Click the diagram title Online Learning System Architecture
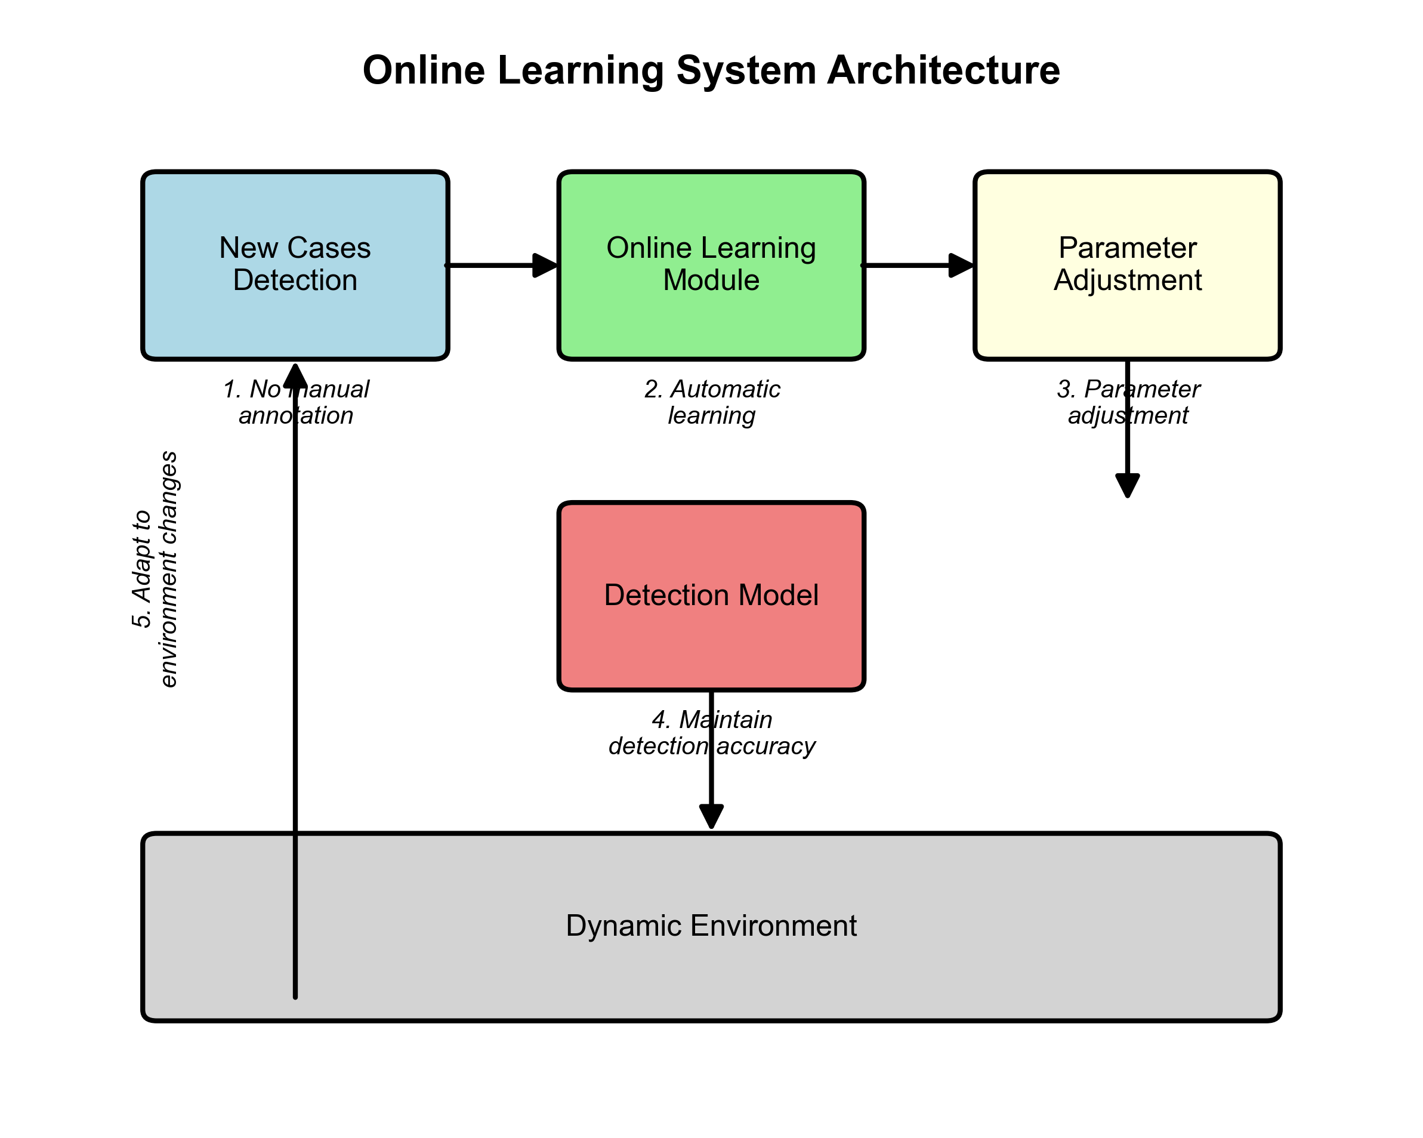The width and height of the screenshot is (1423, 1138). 711,70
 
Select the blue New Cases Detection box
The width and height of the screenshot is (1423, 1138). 295,317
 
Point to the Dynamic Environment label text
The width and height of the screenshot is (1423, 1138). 711,926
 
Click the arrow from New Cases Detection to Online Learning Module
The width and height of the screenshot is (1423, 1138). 502,266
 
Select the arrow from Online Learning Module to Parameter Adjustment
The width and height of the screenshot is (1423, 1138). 918,266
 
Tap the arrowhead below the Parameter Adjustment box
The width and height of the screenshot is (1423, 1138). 1127,485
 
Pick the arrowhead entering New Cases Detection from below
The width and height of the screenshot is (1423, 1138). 295,377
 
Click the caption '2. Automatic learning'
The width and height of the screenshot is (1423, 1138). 711,402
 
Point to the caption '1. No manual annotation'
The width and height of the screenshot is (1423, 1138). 295,402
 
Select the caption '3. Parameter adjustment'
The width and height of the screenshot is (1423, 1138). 1127,402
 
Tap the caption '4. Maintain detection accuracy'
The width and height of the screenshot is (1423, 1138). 711,733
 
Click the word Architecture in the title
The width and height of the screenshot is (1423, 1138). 943,70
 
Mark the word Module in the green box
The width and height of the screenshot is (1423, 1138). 711,280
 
